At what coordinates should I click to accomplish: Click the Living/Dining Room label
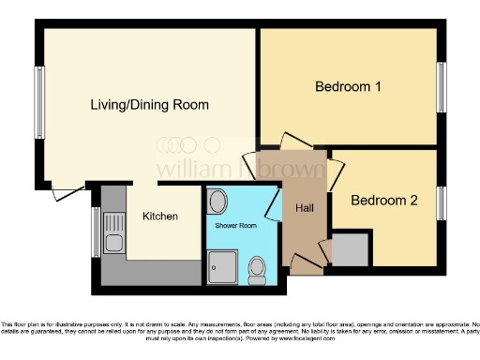(149, 104)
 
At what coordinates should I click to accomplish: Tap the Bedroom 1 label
(348, 87)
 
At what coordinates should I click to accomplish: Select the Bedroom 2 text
(384, 200)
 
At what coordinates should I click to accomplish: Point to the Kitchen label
(160, 217)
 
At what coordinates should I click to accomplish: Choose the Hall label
(305, 208)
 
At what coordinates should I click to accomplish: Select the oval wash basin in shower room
(218, 202)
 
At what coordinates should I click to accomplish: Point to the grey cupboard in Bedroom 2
(350, 248)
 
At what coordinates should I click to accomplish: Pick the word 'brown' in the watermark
(292, 170)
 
